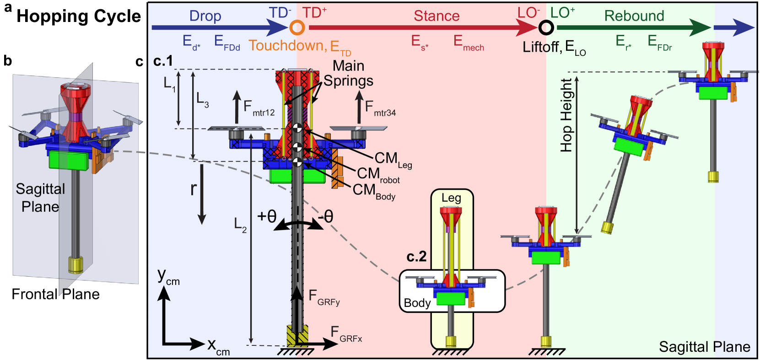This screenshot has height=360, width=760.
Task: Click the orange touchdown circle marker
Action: click(297, 27)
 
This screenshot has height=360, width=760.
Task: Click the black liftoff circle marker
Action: click(545, 27)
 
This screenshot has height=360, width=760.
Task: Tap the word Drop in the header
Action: click(205, 16)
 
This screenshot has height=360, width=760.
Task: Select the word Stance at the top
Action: click(437, 16)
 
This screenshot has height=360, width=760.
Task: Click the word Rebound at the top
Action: click(634, 16)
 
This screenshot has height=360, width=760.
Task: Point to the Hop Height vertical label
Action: click(566, 115)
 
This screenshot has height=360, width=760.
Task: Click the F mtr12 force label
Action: click(259, 108)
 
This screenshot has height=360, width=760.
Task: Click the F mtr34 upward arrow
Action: click(359, 107)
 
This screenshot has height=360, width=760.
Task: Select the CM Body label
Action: click(373, 191)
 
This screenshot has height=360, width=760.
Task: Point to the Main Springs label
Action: click(348, 73)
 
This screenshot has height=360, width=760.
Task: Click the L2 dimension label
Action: click(240, 224)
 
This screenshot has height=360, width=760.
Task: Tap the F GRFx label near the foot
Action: click(346, 334)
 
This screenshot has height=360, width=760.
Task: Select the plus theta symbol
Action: click(267, 216)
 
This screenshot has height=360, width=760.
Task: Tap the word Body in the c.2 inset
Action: click(417, 303)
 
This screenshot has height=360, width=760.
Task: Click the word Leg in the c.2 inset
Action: click(451, 198)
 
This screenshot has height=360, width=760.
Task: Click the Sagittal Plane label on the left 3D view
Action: click(40, 198)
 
